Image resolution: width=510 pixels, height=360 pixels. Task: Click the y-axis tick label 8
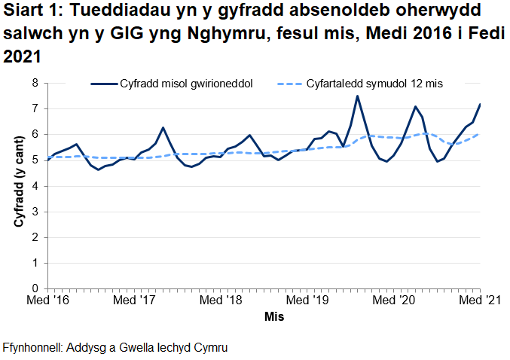pos(35,83)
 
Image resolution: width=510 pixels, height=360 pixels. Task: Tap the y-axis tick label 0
pos(35,288)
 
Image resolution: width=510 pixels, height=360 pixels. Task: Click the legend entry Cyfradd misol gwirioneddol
pos(185,84)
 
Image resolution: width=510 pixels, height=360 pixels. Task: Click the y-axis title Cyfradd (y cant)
pos(17,185)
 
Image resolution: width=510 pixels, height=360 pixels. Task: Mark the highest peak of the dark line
pos(357,96)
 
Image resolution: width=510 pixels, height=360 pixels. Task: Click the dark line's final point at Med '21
pos(480,105)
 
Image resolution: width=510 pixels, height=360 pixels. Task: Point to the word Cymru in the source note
pos(210,348)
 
